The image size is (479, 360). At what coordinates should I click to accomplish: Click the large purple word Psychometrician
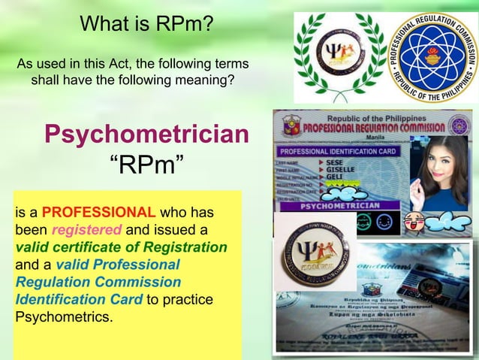click(x=146, y=135)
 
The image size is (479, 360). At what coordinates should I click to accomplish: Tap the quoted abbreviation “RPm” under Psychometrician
click(x=147, y=163)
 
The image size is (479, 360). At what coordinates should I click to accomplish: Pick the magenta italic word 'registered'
click(x=85, y=228)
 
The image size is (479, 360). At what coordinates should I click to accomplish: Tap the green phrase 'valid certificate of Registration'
click(x=121, y=247)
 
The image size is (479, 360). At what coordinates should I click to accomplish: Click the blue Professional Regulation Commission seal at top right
click(x=433, y=56)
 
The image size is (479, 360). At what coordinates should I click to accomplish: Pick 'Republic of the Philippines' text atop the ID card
click(x=368, y=119)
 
